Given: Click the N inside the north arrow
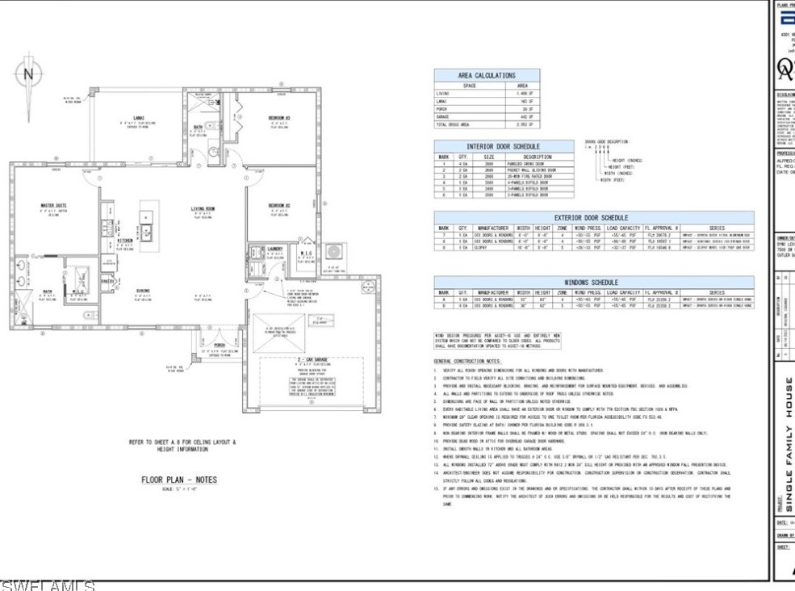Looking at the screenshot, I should point(30,74).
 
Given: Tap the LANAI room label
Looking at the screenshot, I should point(138,117).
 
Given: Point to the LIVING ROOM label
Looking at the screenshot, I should point(203,209).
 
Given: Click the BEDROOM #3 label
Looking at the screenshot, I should point(279,118).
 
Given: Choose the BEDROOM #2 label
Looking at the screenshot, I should point(279,205).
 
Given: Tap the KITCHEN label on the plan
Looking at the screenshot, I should point(126,240).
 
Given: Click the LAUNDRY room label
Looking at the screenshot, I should point(274,248).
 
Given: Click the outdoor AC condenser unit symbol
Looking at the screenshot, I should point(333,252).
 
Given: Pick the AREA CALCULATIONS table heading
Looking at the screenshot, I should point(487,75).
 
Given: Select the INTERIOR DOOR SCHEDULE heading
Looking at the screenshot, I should point(504,146).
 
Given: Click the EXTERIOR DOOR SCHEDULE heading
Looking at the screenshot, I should point(592,217).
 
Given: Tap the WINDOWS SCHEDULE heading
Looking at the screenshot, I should point(592,283).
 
